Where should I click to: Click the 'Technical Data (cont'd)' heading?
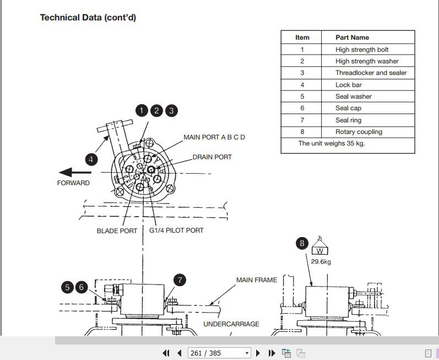pyautogui.click(x=88, y=17)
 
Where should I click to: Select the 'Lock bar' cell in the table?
pyautogui.click(x=348, y=85)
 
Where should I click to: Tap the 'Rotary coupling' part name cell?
pyautogui.click(x=359, y=132)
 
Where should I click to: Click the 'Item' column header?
pyautogui.click(x=302, y=37)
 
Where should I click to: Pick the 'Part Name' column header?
pyautogui.click(x=352, y=37)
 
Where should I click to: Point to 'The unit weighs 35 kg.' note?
pyautogui.click(x=332, y=143)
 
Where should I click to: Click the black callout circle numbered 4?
pyautogui.click(x=92, y=159)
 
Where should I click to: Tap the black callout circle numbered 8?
pyautogui.click(x=301, y=243)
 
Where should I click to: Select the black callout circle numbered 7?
pyautogui.click(x=180, y=280)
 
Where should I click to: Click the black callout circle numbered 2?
pyautogui.click(x=156, y=111)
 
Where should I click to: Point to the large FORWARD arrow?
pyautogui.click(x=74, y=171)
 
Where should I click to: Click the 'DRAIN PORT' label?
pyautogui.click(x=212, y=157)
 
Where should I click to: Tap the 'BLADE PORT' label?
pyautogui.click(x=117, y=231)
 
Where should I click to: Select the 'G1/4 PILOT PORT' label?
pyautogui.click(x=176, y=230)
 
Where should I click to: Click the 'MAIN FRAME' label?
pyautogui.click(x=257, y=280)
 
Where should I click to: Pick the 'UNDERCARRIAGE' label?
pyautogui.click(x=231, y=324)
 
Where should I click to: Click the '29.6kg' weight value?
pyautogui.click(x=321, y=262)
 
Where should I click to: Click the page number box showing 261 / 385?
pyautogui.click(x=219, y=353)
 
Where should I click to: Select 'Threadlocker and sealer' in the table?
pyautogui.click(x=371, y=73)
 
